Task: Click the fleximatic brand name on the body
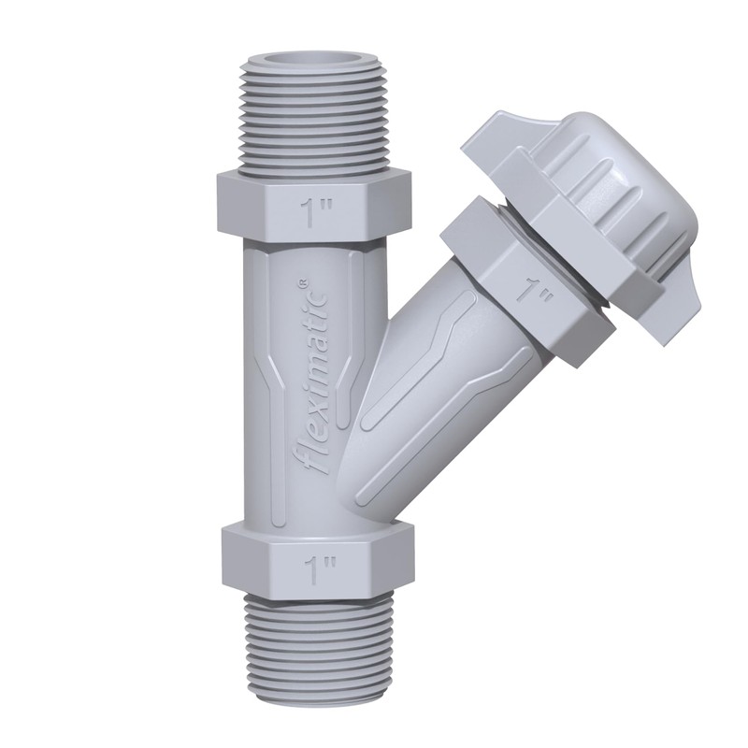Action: [316, 377]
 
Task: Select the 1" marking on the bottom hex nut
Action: [321, 568]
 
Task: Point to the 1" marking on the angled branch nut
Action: [534, 290]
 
